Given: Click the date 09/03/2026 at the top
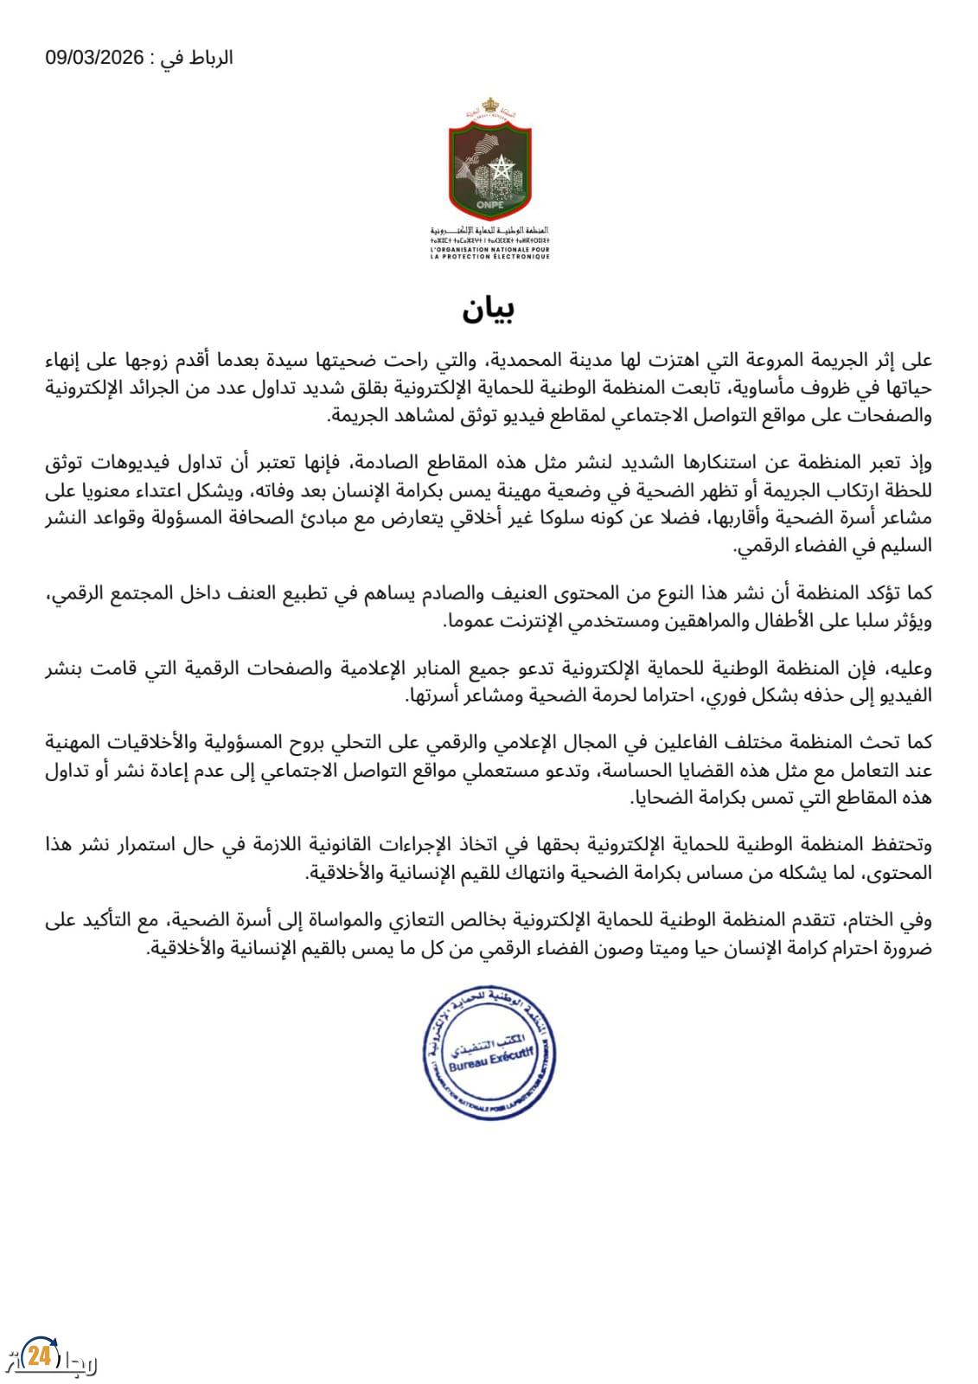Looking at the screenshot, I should (x=93, y=59).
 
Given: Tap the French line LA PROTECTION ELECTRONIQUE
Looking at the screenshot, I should (x=489, y=256).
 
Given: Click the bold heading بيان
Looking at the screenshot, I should (x=489, y=310).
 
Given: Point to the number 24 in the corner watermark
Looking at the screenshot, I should (x=37, y=1355).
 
